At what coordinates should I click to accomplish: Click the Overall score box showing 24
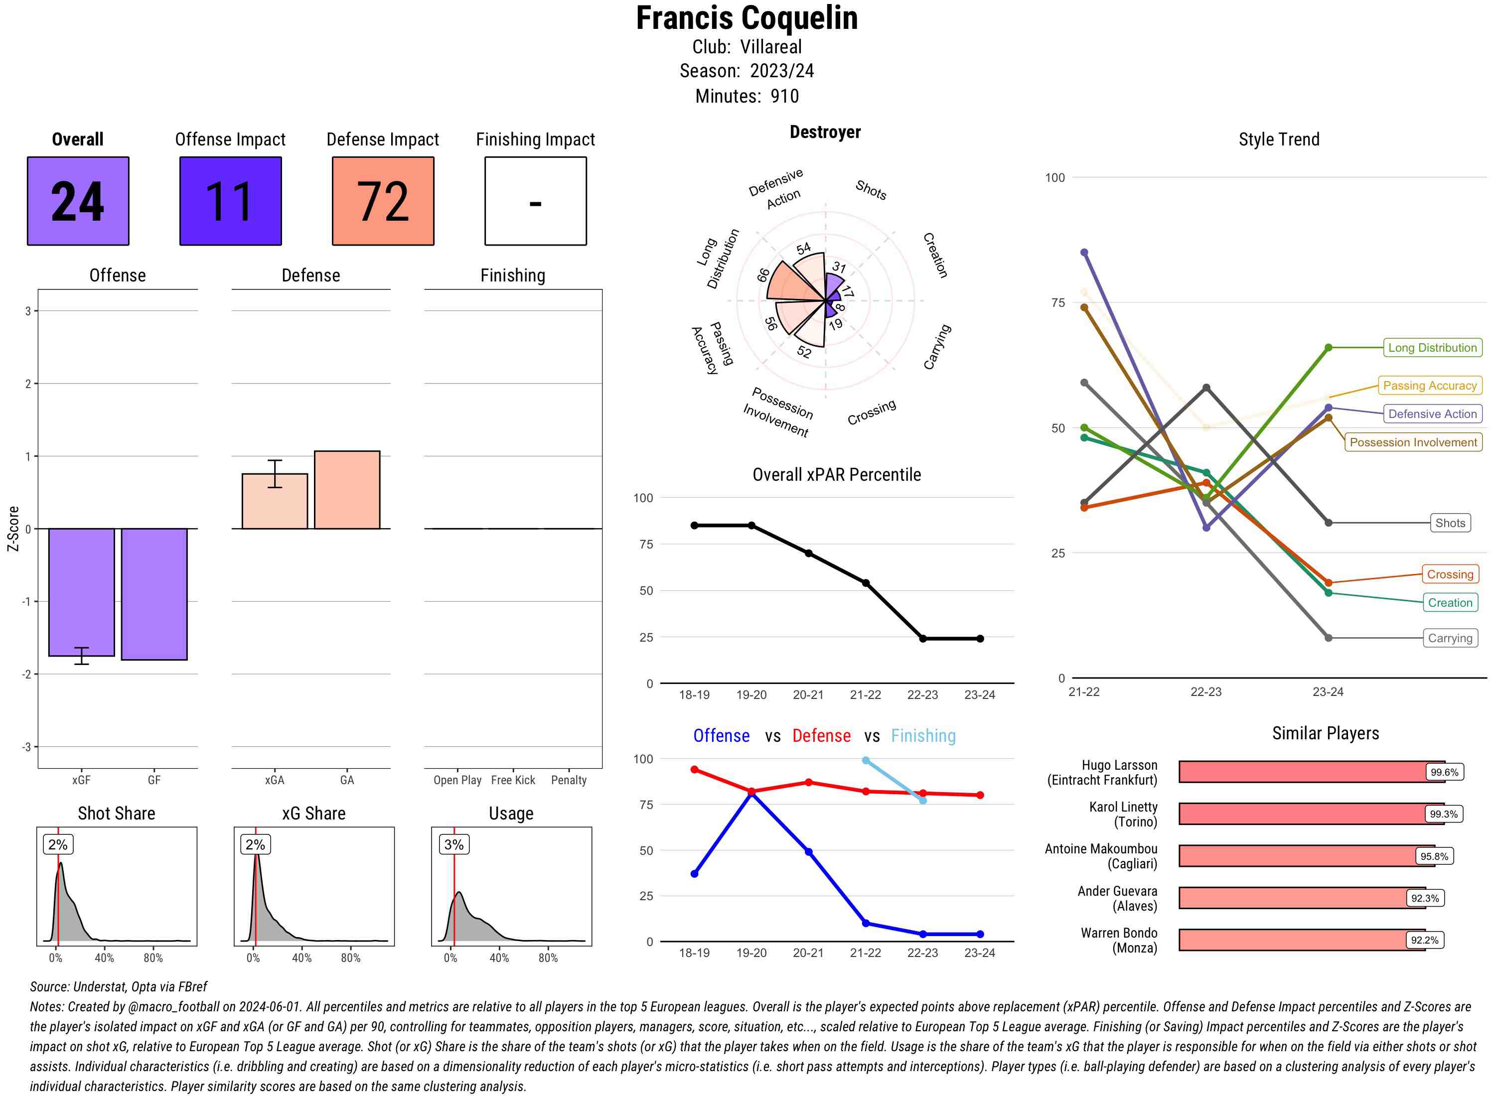(78, 201)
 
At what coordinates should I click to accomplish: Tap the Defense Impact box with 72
(383, 201)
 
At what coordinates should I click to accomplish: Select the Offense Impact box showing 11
(230, 201)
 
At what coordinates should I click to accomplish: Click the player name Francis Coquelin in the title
(747, 18)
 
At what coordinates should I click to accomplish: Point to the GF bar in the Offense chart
(154, 594)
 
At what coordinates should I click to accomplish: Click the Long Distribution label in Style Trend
(1432, 348)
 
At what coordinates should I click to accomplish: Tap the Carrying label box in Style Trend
(1450, 638)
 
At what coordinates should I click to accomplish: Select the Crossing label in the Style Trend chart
(1450, 574)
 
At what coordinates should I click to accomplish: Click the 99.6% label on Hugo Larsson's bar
(1444, 772)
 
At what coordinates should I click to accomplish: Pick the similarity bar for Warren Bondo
(1301, 940)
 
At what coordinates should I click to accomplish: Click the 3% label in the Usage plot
(454, 844)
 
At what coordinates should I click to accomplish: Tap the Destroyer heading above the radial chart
(825, 132)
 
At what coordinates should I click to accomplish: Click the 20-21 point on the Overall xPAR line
(808, 553)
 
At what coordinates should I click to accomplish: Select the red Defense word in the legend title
(821, 736)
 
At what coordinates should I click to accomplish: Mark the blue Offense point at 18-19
(694, 874)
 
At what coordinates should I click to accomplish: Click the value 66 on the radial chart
(764, 274)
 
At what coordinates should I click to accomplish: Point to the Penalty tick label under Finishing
(569, 780)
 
